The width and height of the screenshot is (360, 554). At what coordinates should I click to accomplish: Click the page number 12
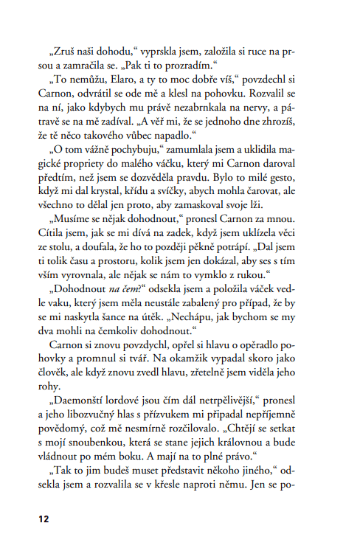(44, 519)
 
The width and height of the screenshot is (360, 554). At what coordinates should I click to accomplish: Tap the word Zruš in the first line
(66, 53)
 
